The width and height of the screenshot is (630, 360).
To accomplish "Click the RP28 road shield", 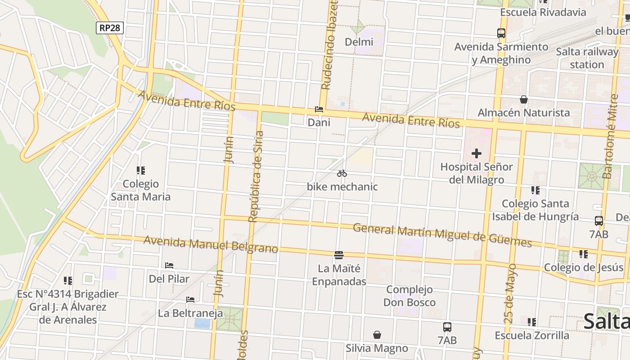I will point(110,28).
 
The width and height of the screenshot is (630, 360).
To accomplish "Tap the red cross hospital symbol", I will point(477,154).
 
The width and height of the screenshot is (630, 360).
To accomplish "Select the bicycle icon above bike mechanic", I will point(342,173).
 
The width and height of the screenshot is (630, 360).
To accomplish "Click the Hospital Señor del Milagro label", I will point(477,173).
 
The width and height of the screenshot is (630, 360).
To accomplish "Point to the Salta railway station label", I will point(587,58).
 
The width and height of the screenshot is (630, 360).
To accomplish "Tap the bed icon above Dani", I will point(319,109).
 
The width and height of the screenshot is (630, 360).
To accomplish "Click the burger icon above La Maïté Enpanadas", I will point(339,255).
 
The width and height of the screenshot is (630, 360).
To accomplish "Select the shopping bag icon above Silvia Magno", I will point(377,335).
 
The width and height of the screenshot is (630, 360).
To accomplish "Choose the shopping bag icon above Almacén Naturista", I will point(523,99).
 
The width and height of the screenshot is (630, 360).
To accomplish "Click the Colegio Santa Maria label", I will point(141,190).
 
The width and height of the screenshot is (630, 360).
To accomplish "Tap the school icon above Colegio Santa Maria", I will point(141,171).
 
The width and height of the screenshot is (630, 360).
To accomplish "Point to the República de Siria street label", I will point(255,176).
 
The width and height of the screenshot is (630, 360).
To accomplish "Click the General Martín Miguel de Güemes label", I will point(442,235).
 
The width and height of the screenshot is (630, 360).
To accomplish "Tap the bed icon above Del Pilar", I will point(169,265).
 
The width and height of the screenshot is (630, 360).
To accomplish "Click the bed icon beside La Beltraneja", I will point(190,300).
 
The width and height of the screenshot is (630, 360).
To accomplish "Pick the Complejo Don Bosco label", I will point(409,296).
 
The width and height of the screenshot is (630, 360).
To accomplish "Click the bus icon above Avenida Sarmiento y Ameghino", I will point(501,33).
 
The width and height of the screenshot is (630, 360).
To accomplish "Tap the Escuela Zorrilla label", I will point(532,335).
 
